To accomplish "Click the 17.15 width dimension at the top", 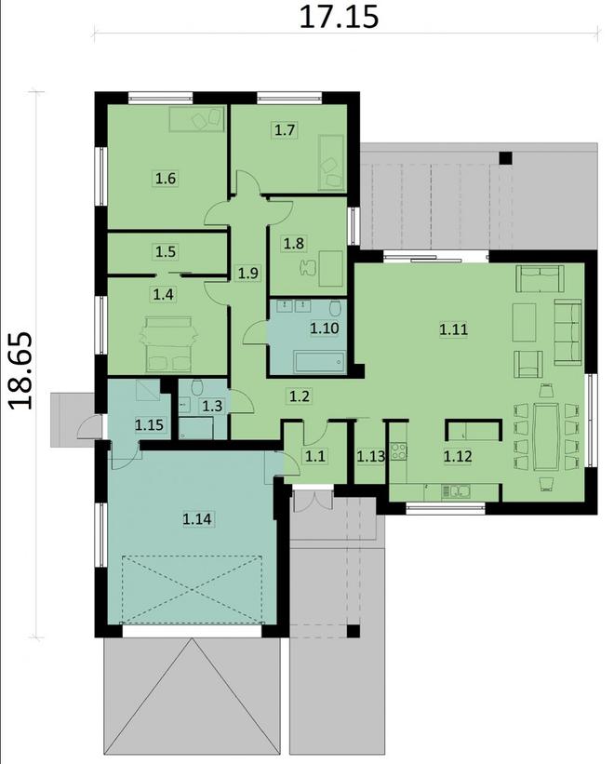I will click(339, 17).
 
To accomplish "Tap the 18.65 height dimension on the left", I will click(20, 370).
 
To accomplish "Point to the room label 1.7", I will click(284, 130).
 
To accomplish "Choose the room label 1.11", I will click(453, 328).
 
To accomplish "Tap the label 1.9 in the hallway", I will click(247, 273).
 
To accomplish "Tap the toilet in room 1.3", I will click(196, 388).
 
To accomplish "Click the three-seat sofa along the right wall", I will click(567, 331).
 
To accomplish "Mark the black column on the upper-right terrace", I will click(505, 157).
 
